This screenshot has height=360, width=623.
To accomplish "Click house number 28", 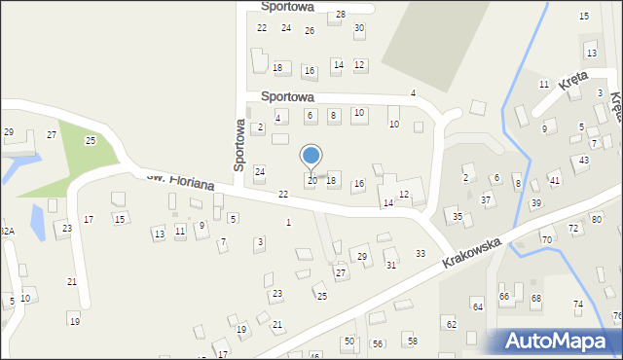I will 341,15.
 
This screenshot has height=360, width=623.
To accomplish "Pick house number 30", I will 359,28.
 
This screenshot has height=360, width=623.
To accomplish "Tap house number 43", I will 584,160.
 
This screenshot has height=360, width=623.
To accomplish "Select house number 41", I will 554,181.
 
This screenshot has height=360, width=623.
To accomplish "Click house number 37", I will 486,199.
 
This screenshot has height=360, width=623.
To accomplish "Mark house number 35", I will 458,216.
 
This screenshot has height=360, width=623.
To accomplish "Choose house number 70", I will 547,239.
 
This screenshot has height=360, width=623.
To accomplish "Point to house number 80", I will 597,220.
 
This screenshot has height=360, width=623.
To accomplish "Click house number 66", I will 504,296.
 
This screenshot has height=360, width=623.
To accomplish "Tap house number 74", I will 578,305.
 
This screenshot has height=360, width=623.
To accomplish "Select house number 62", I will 451,323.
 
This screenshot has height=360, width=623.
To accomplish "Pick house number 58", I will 412,341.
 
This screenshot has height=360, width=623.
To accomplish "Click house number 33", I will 421,254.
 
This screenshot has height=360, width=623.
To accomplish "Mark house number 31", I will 391,265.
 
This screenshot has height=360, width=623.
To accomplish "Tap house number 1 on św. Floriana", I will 287,223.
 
